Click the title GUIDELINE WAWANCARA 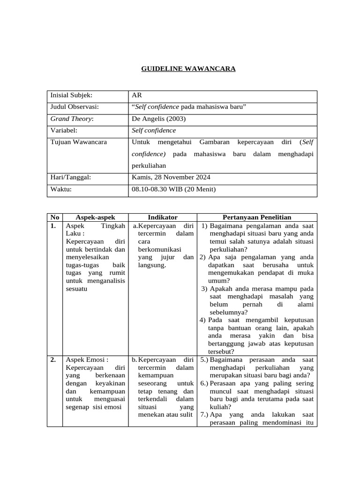(188, 69)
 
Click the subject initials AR (138, 96)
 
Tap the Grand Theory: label (72, 119)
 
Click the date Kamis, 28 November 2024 (172, 177)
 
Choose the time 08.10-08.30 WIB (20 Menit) (174, 189)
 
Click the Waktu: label (62, 189)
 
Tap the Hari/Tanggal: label (70, 177)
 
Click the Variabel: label (64, 131)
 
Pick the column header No (54, 217)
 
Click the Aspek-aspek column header (95, 217)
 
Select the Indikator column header (162, 217)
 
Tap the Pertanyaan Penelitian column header (257, 217)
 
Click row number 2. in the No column (53, 360)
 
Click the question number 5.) (204, 360)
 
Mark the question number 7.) (204, 415)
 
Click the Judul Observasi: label (75, 107)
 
